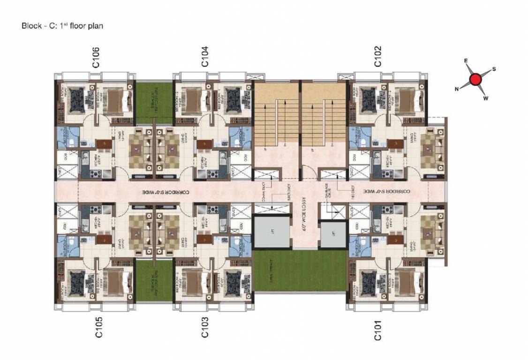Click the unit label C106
(x=96, y=57)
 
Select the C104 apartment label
(x=204, y=57)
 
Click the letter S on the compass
(x=494, y=69)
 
